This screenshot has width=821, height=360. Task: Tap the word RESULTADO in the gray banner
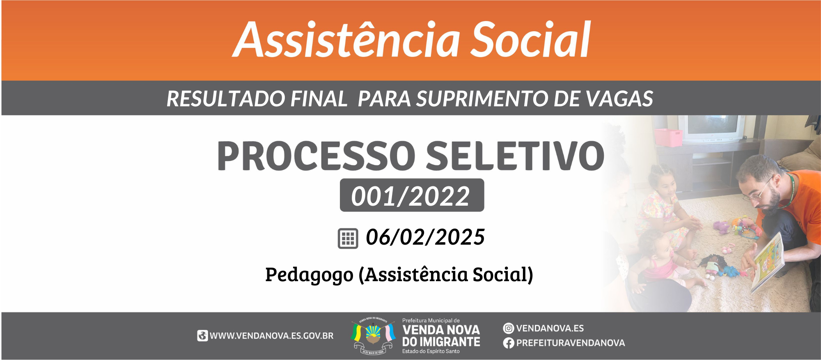coord(226,99)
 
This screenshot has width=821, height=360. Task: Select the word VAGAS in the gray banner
coord(619,99)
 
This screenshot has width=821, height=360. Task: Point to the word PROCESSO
coord(316,156)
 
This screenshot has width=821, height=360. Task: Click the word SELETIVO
coord(515,156)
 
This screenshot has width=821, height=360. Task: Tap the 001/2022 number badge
coord(412,195)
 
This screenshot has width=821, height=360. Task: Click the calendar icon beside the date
coord(348,238)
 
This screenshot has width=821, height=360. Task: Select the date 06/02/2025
coord(425,237)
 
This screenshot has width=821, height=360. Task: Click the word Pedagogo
coord(309,275)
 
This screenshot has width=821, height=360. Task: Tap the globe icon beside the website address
coord(202,336)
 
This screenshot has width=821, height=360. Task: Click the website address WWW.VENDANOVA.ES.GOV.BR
coord(272,336)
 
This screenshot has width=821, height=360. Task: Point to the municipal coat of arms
coord(373,336)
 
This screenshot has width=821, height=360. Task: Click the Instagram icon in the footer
coord(509,328)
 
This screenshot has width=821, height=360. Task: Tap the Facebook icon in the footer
coord(509,343)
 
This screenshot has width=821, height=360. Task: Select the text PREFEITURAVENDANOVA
coord(571,343)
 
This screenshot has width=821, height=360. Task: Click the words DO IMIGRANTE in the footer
coord(441,342)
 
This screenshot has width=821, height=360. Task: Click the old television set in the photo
coord(711,128)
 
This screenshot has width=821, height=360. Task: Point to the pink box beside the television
coord(668,138)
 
